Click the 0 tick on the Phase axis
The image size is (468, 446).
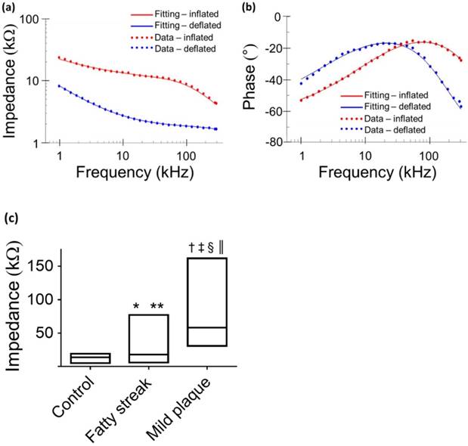[x=284, y=17]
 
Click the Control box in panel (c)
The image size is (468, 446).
[x=91, y=358]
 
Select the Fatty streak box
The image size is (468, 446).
[x=148, y=339]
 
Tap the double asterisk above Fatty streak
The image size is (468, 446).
[x=157, y=306]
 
